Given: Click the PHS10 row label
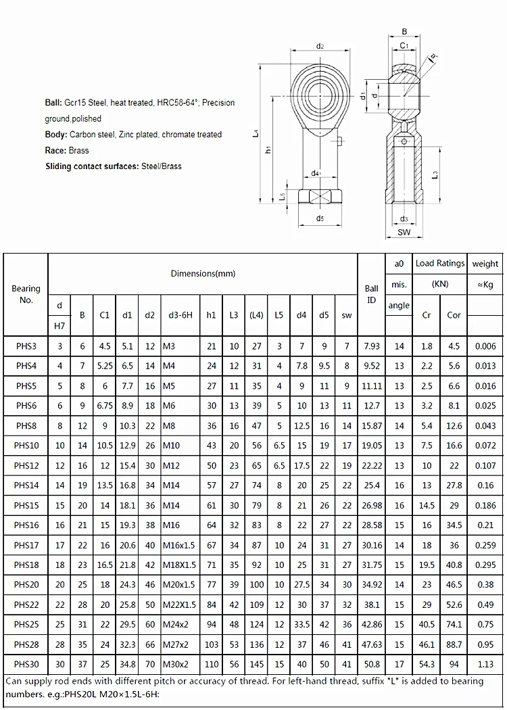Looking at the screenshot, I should [26, 446].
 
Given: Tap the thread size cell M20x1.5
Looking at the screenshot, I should [179, 585].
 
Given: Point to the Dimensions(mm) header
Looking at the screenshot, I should [203, 273].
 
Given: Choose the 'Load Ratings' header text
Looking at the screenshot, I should [440, 263].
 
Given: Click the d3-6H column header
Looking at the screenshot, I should [179, 315].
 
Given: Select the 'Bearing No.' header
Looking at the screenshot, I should [26, 294].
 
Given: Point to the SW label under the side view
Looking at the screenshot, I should [404, 233].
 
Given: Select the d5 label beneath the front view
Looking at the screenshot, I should [320, 218].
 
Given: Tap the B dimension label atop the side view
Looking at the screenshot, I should [404, 31].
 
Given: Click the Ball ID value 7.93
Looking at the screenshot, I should [372, 346].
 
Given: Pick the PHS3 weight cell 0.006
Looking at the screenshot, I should [485, 346].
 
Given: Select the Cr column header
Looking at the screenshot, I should [427, 315].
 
